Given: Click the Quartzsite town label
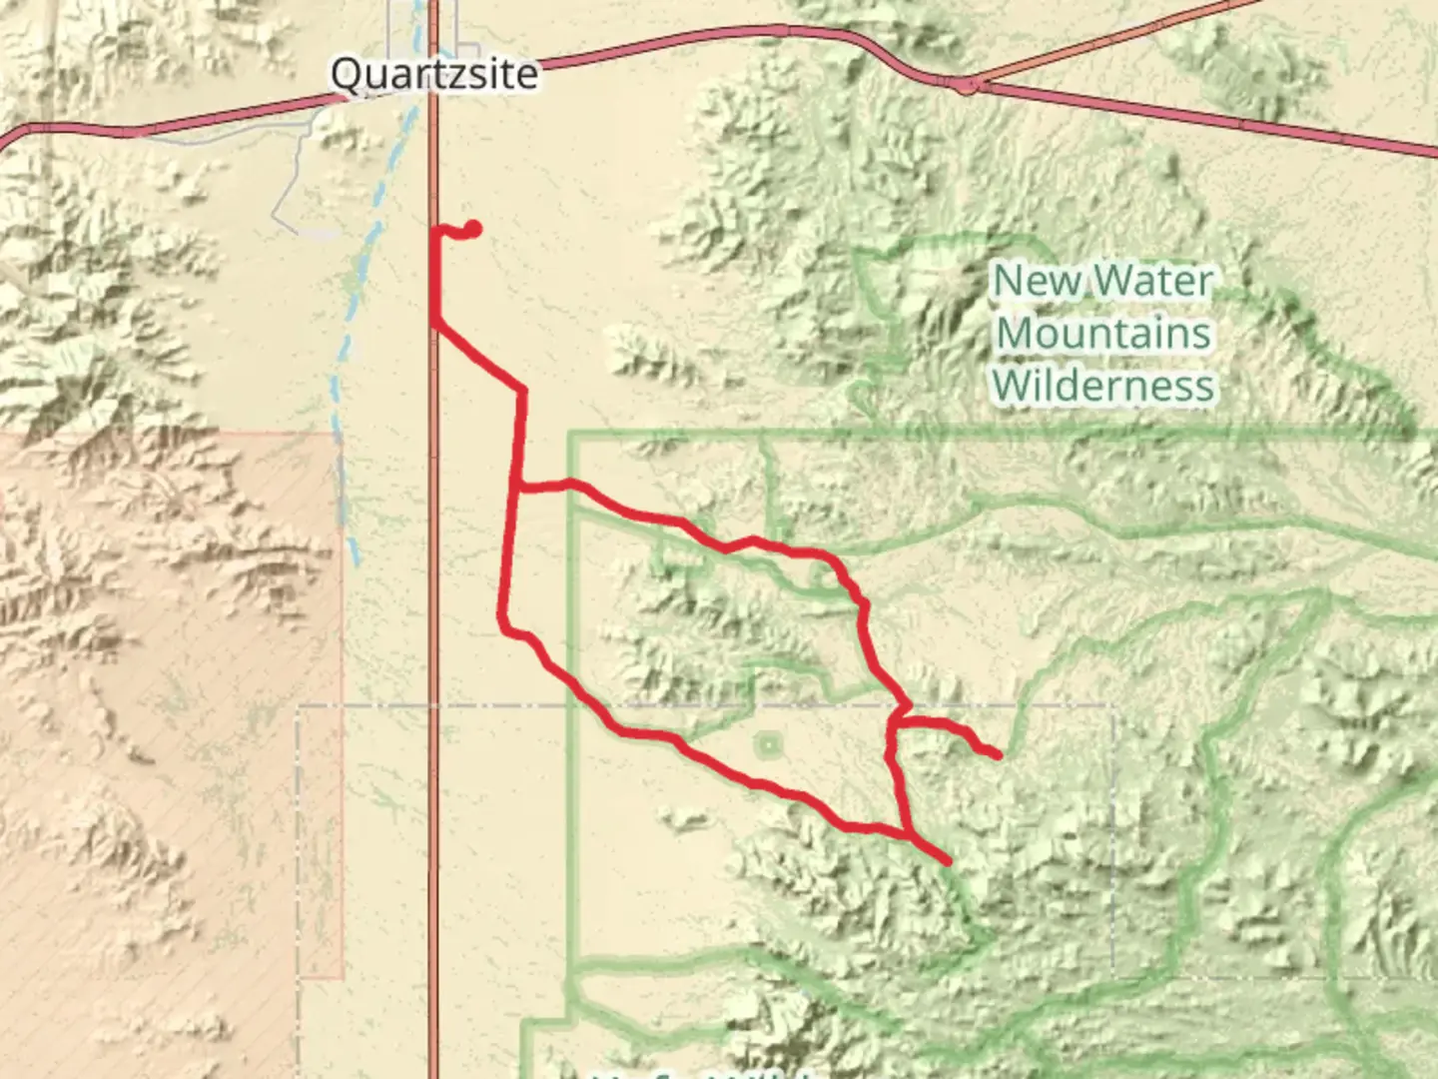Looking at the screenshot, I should tap(433, 74).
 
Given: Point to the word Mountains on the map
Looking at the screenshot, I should tap(1103, 333).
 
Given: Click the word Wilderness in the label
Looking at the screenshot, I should tap(1103, 386).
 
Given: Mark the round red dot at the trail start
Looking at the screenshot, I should tap(472, 230).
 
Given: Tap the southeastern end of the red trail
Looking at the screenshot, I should tap(946, 860).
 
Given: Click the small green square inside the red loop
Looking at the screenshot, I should tap(768, 744).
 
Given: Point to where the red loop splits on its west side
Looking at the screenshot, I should tap(517, 488).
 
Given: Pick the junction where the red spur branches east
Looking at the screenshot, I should tap(900, 719).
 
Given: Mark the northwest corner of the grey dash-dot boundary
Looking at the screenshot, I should tap(299, 706).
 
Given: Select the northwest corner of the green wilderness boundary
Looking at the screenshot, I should tap(570, 435).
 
